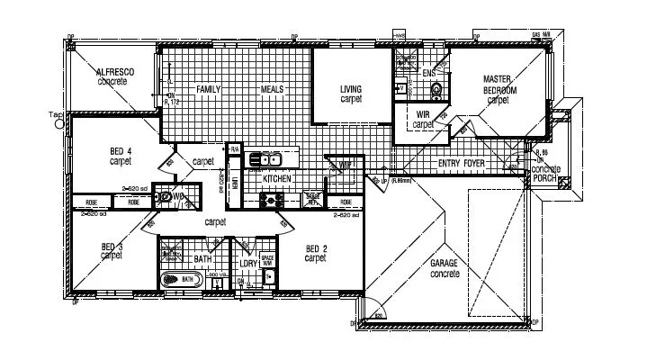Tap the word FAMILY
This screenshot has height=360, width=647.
pos(209,90)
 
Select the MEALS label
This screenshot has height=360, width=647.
pos(273,90)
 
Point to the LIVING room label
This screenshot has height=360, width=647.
pos(351,89)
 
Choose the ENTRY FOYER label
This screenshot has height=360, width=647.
pos(461,165)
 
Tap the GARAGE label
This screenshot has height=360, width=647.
pos(445,262)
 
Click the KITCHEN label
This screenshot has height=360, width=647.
pos(276,180)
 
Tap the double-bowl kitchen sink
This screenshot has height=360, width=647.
pos(266,160)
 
